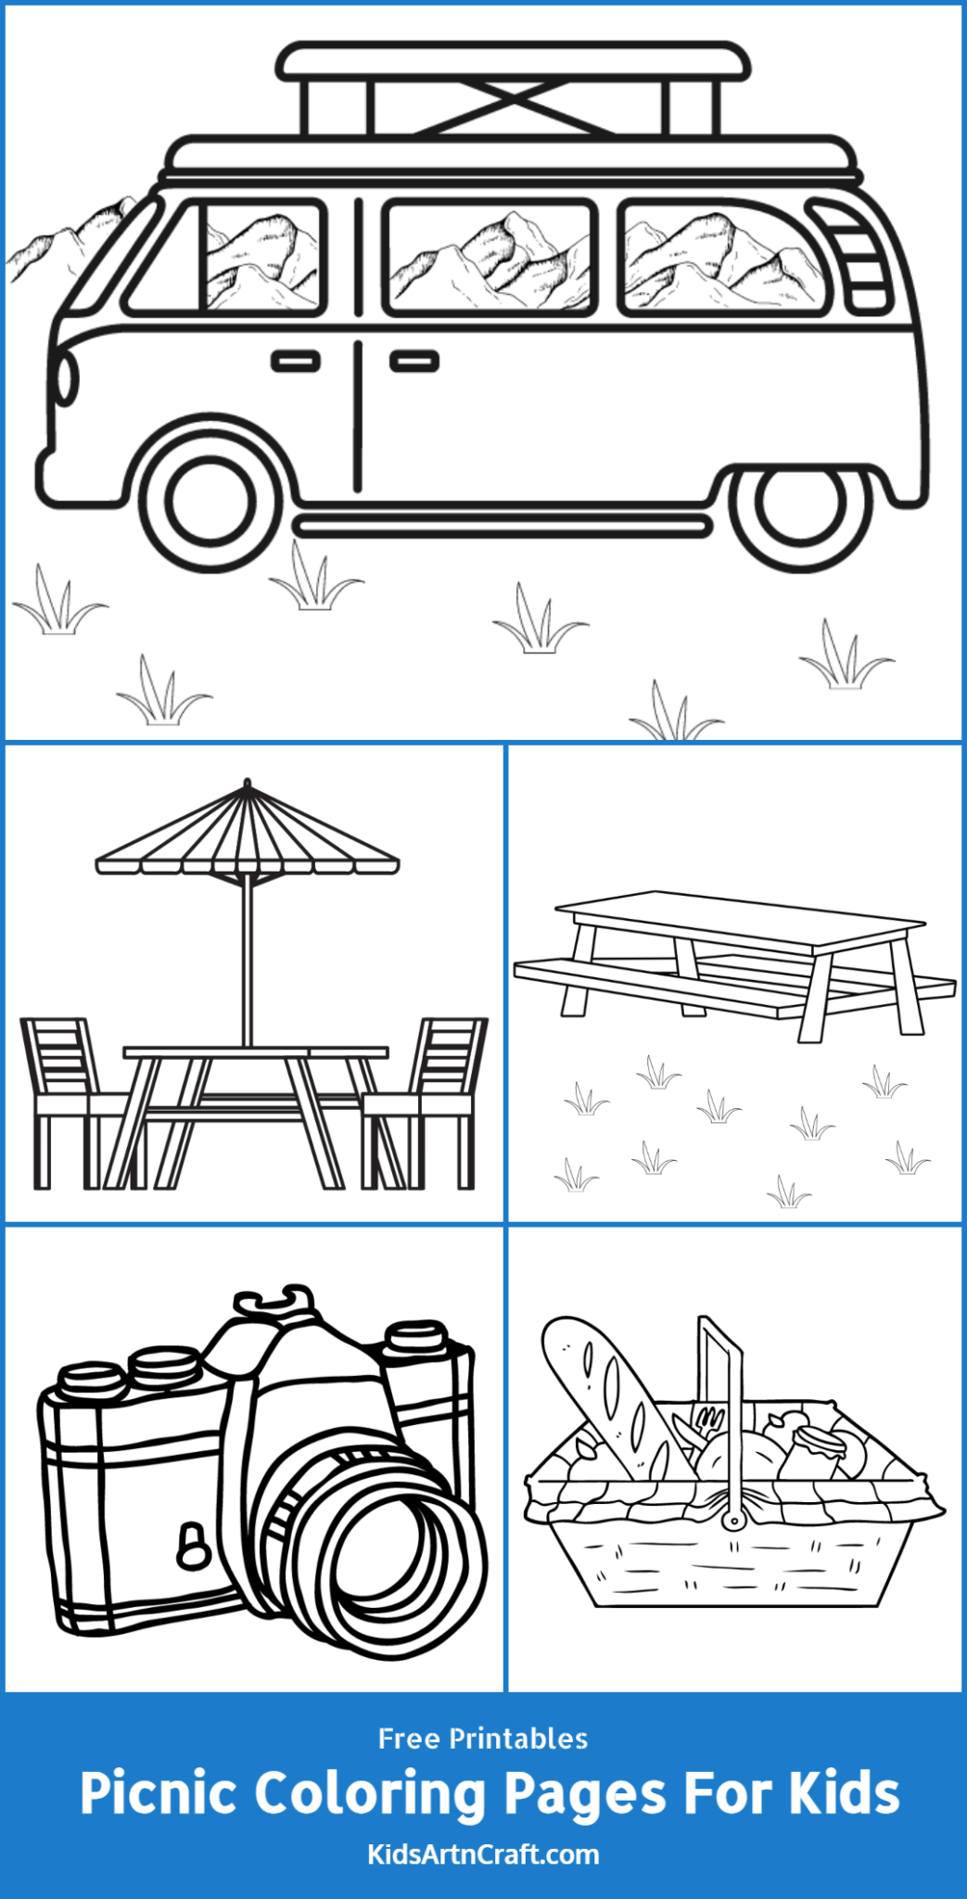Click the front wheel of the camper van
point(212,500)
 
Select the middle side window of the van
point(489,258)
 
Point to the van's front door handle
point(296,360)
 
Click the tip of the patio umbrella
point(247,784)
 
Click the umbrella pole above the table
point(247,964)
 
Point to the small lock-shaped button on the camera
point(192,1545)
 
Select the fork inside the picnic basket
point(708,1420)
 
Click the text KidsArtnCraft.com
point(483,1855)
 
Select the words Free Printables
point(483,1739)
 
